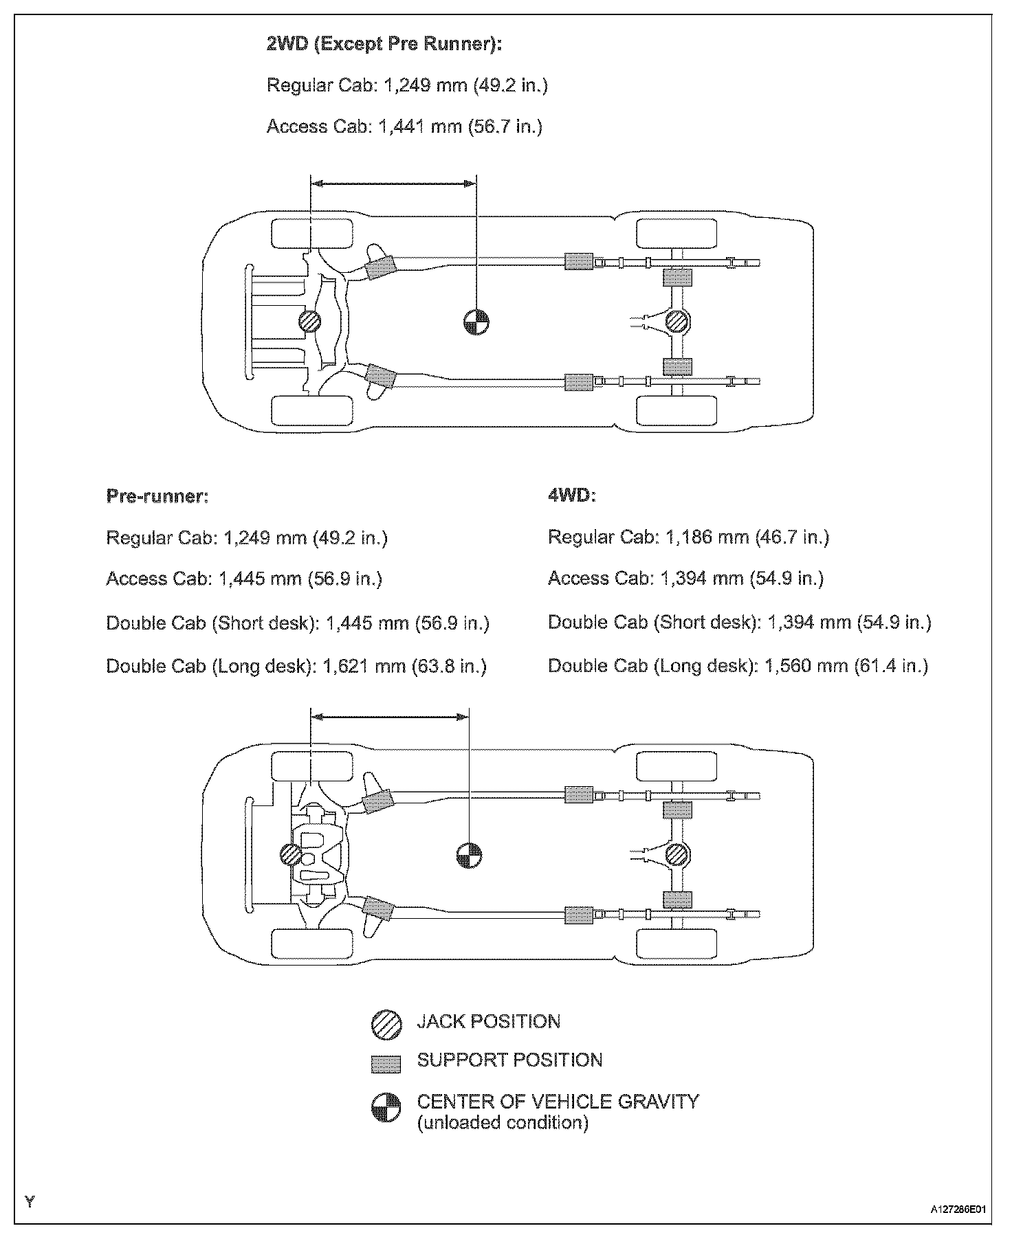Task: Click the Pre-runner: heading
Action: tap(157, 496)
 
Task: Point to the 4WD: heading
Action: tap(571, 496)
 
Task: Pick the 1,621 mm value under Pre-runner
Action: tap(364, 667)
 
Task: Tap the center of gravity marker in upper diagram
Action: tap(476, 321)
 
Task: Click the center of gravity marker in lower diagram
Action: tap(469, 855)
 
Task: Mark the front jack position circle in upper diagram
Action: tap(310, 321)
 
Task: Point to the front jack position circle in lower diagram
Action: tap(291, 855)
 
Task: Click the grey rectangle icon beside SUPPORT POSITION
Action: tap(386, 1064)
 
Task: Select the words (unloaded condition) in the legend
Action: tap(503, 1123)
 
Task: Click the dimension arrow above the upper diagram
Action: tap(393, 183)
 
